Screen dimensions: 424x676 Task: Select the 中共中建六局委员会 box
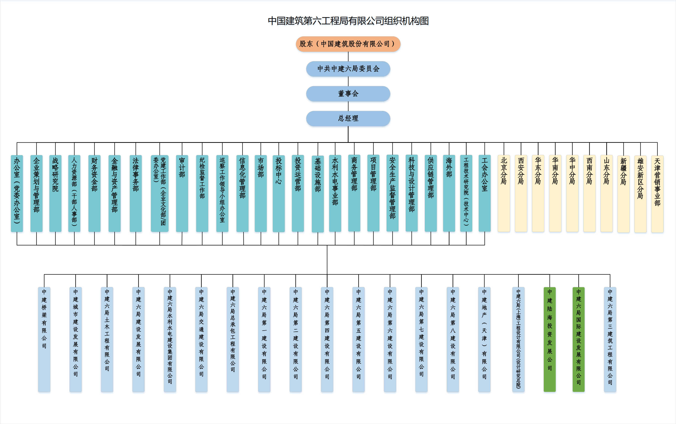click(348, 69)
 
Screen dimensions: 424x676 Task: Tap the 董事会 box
click(348, 94)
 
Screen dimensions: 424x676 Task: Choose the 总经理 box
click(348, 118)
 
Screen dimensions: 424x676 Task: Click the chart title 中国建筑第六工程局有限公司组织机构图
click(348, 21)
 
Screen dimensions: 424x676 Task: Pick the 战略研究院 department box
click(55, 193)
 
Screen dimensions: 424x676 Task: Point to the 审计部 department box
click(182, 193)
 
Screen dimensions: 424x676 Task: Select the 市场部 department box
click(261, 193)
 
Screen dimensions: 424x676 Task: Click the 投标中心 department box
click(279, 193)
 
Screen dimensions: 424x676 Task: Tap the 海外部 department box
click(449, 193)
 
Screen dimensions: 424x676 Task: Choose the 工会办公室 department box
click(485, 193)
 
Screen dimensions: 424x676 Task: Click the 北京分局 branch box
click(504, 193)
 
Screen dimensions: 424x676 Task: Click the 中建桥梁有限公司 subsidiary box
click(44, 339)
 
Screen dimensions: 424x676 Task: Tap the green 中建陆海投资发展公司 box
click(549, 339)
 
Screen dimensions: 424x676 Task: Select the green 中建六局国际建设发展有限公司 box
click(578, 339)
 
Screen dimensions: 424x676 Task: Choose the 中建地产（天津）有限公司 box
click(484, 339)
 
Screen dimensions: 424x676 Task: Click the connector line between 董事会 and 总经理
click(348, 106)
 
